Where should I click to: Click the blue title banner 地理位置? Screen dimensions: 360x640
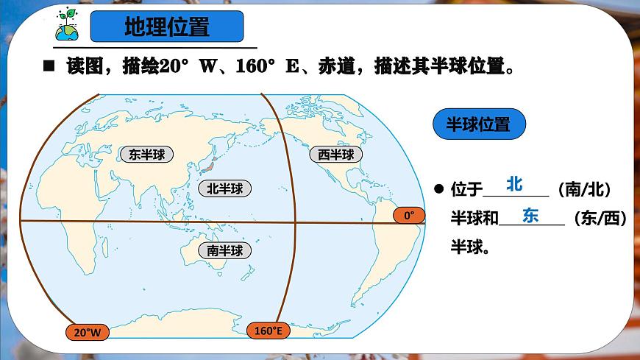coord(166,27)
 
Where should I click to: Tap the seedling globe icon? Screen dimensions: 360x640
coord(65,26)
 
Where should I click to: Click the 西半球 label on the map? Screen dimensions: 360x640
coord(335,154)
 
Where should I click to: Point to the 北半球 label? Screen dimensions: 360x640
coord(224,188)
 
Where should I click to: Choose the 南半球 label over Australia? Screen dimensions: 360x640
coord(224,250)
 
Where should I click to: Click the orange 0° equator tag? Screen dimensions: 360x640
coord(409,215)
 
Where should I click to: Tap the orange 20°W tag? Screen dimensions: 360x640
coord(88,333)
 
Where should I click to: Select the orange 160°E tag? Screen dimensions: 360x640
coord(269,331)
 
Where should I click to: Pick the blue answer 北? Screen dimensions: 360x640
coord(514,184)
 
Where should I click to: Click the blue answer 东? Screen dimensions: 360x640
coord(530,216)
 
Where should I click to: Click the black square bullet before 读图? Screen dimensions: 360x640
coord(50,67)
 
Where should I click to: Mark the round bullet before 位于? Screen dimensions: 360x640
coord(438,189)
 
